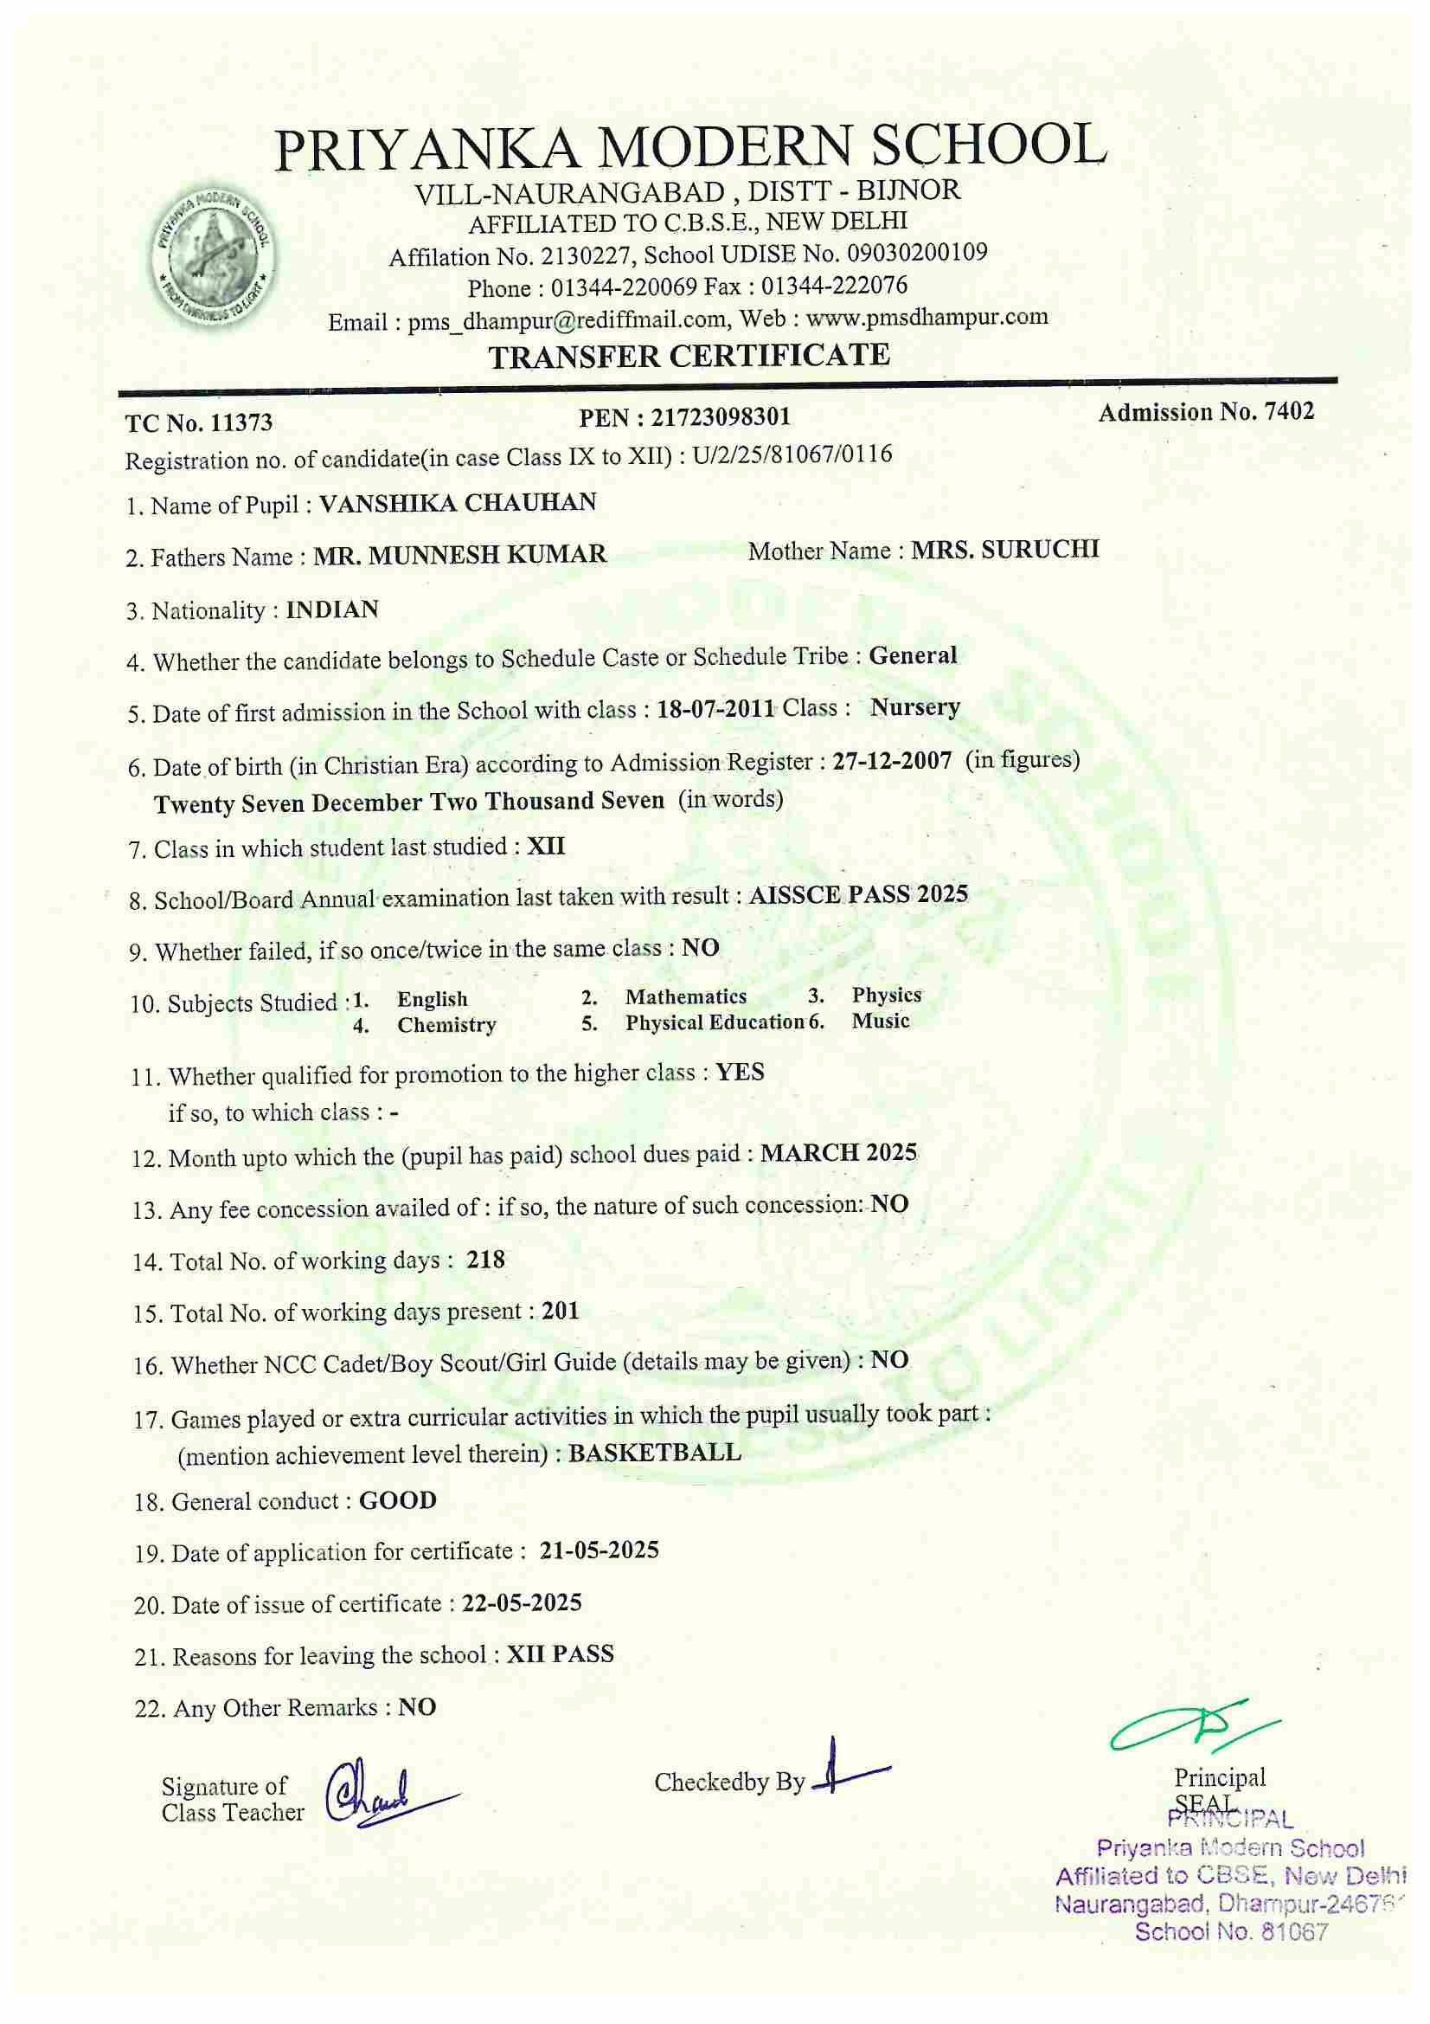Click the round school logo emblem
coord(212,253)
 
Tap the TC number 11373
coord(240,423)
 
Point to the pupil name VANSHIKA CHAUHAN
coord(458,503)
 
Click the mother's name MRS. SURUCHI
coord(1005,549)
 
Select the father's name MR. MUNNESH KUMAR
coord(461,555)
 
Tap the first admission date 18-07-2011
coord(715,711)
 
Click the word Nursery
coord(915,707)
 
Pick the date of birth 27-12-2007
coord(892,761)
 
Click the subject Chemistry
coord(446,1024)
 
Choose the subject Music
coord(880,1021)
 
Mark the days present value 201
coord(561,1311)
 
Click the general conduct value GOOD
coord(397,1500)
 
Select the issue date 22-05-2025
coord(522,1602)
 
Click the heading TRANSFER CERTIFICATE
coord(689,355)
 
